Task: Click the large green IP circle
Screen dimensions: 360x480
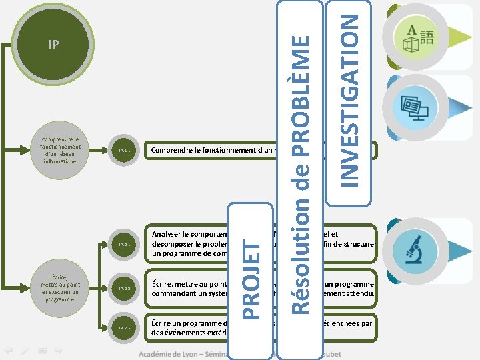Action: [54, 45]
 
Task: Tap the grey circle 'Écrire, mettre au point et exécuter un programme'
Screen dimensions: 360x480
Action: [59, 287]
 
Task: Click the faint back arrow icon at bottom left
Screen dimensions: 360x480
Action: [9, 349]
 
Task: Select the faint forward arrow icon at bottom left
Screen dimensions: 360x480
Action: [59, 349]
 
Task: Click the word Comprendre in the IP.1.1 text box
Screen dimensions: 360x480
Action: [171, 151]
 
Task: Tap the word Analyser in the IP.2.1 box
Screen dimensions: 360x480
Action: [169, 235]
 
